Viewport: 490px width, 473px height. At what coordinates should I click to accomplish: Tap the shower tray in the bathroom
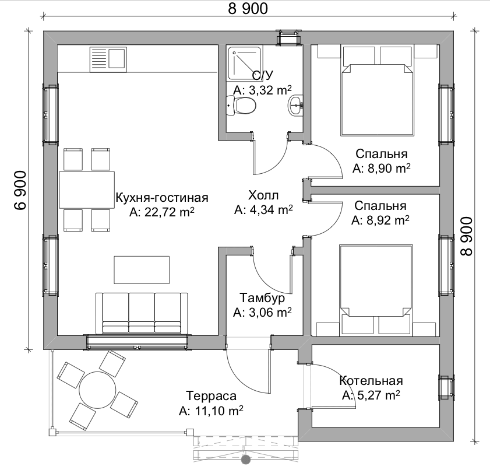(x=245, y=63)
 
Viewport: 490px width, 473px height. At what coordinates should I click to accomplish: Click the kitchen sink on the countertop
(x=108, y=59)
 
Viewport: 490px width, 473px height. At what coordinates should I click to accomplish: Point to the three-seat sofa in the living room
(x=142, y=313)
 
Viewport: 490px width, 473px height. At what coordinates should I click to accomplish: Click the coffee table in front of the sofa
(x=142, y=270)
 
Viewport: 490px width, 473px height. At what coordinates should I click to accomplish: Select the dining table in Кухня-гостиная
(x=87, y=190)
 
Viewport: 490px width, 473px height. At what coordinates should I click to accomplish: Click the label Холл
(x=263, y=195)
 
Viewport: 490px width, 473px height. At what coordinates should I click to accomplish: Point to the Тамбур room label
(x=262, y=297)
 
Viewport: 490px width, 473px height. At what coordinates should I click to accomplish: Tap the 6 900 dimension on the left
(x=20, y=190)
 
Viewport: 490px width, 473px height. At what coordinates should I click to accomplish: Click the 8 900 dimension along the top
(x=248, y=9)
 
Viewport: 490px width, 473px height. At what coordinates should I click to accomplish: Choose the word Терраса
(x=211, y=396)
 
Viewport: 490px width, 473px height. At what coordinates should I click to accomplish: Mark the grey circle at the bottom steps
(x=246, y=460)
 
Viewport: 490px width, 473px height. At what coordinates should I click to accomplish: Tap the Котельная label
(x=371, y=381)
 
